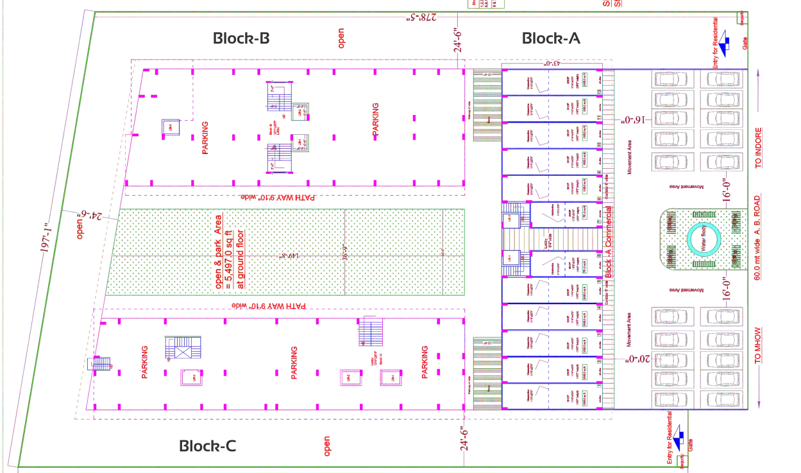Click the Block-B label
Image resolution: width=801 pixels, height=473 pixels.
(x=240, y=39)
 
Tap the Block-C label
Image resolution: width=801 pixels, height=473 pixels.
(x=207, y=445)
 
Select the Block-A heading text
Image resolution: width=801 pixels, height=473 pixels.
(x=551, y=39)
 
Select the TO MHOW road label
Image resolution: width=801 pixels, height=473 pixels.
(x=759, y=345)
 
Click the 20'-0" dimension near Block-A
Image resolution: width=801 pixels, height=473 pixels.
(x=642, y=360)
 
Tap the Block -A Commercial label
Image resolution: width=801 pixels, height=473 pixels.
(x=608, y=241)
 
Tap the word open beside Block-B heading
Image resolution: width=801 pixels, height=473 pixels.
(x=341, y=38)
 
